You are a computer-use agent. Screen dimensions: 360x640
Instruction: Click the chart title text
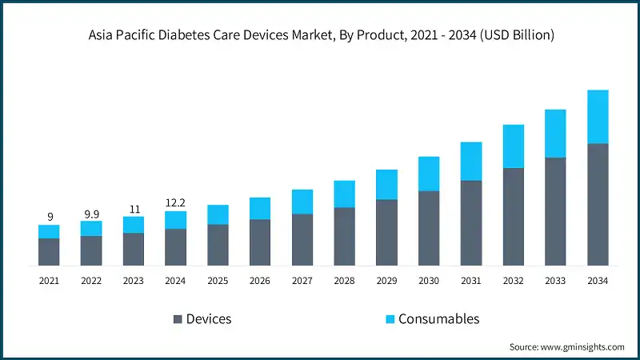pos(320,35)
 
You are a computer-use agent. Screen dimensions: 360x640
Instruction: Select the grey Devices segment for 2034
pos(598,205)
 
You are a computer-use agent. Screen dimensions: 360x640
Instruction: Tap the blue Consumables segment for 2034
pos(598,117)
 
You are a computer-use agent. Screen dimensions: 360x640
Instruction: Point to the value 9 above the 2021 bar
pos(50,216)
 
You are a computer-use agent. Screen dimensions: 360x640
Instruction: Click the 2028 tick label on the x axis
pos(344,281)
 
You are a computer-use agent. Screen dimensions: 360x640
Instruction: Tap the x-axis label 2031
pos(471,281)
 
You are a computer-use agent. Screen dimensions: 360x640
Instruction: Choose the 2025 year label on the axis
pos(218,281)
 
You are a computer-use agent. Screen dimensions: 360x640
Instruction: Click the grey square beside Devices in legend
pos(177,319)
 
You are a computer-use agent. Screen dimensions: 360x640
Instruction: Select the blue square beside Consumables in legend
pos(390,319)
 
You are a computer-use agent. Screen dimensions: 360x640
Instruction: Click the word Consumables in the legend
pos(440,319)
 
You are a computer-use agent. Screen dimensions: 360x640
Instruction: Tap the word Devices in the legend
pos(209,319)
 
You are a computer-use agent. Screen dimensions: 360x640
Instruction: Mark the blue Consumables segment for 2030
pos(429,174)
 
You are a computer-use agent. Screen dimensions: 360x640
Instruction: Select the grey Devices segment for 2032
pos(514,216)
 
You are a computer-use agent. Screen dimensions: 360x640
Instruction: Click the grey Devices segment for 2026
pos(260,242)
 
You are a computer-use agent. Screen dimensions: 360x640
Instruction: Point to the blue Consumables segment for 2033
pos(555,134)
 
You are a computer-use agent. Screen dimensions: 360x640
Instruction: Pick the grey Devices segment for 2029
pos(386,232)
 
